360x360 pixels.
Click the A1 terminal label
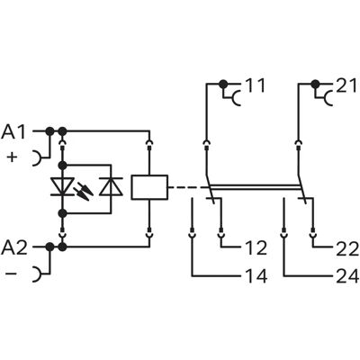point(13,132)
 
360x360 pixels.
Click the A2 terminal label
point(14,247)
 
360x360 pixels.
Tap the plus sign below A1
point(12,157)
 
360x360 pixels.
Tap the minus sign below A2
point(12,274)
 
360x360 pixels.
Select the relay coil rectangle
point(149,187)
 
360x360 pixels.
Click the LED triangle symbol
point(62,186)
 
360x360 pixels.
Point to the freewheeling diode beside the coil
point(111,186)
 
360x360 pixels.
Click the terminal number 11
point(256,85)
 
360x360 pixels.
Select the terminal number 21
point(346,85)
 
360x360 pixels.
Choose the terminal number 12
point(256,248)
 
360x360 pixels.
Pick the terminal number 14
point(256,276)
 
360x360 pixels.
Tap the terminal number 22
point(347,248)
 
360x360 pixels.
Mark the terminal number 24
point(347,276)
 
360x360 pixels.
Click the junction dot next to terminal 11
point(223,84)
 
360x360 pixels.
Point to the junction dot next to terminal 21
point(315,84)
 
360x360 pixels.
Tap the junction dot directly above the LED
point(62,165)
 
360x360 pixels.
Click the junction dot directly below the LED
point(62,213)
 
